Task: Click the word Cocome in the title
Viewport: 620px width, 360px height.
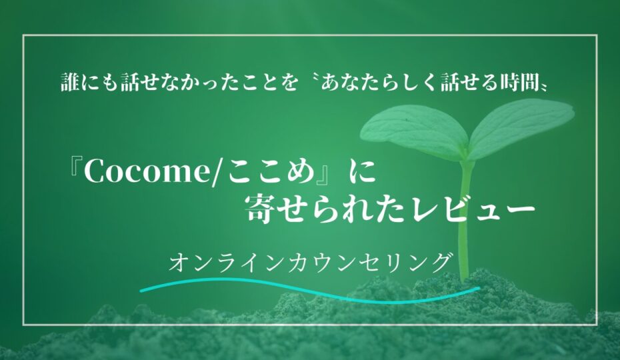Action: [145, 172]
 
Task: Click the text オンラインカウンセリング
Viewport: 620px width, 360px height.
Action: [311, 262]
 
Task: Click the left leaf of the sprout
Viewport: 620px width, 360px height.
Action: [415, 131]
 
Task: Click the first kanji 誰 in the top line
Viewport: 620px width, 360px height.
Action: [71, 83]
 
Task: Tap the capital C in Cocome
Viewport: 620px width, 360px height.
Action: [94, 172]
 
